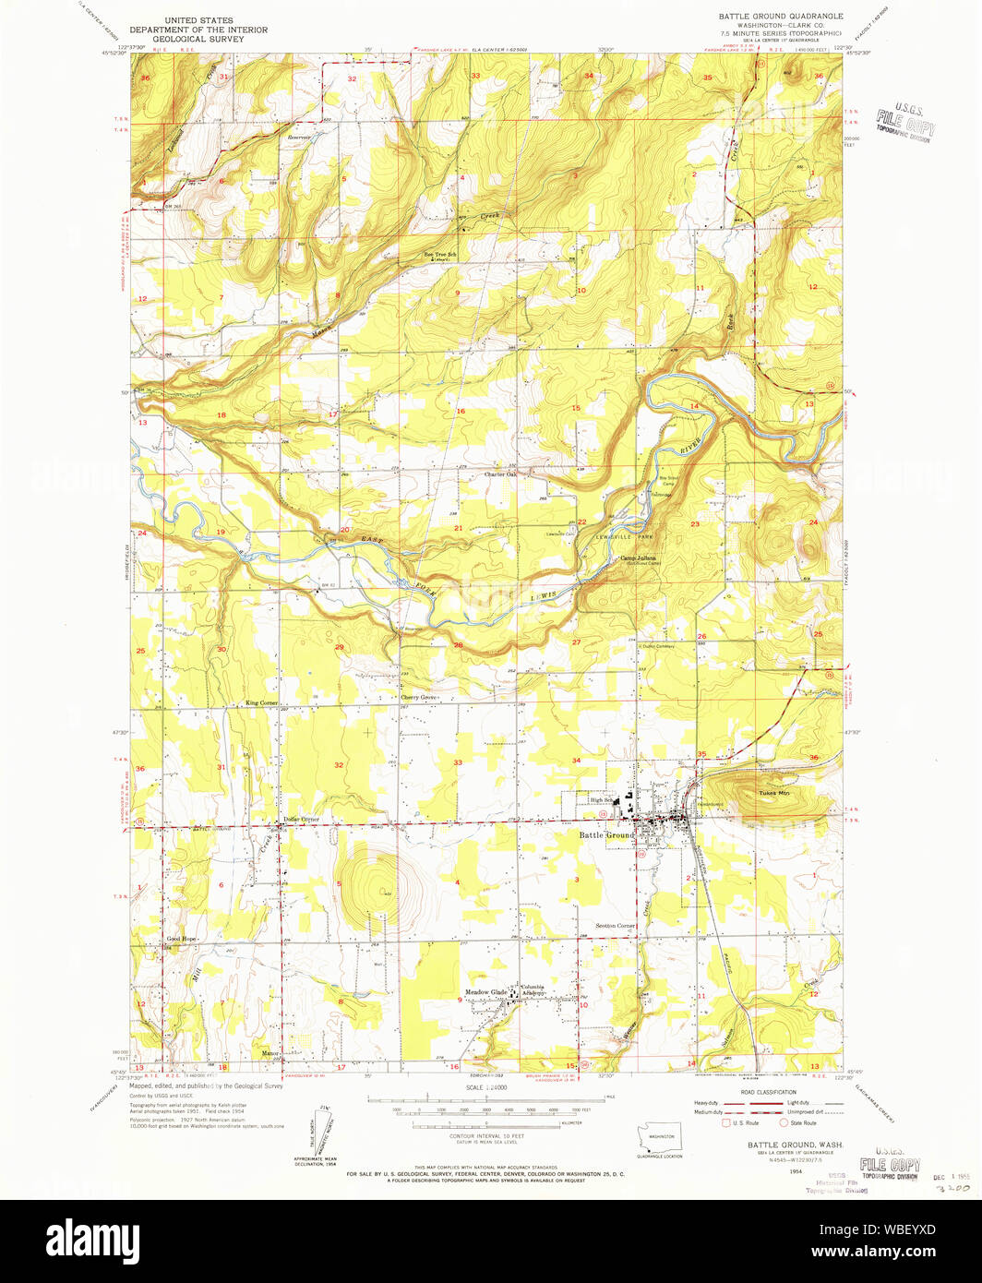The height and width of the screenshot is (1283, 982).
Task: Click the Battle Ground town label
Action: [606, 835]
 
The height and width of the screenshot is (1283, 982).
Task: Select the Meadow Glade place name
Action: [485, 992]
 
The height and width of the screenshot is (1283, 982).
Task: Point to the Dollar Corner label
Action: [301, 819]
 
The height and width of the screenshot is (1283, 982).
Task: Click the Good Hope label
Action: [181, 939]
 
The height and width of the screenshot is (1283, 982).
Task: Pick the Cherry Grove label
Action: [417, 697]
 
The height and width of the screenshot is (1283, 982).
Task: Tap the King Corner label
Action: [261, 702]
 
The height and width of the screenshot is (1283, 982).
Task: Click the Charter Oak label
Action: [501, 474]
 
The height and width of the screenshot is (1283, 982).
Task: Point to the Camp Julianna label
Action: [637, 558]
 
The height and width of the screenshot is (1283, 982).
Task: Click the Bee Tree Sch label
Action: [440, 254]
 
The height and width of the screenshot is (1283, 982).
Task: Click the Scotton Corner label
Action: [615, 925]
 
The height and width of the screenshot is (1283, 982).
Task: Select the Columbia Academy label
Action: [533, 989]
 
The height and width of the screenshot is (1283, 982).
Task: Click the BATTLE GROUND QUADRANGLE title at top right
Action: [781, 17]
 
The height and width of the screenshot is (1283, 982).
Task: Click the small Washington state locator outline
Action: [659, 1136]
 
